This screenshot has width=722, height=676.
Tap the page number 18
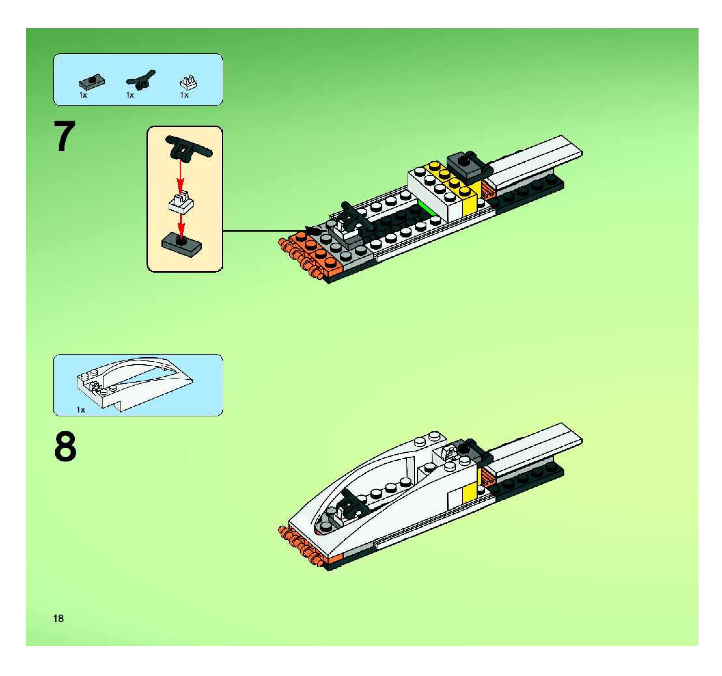(x=59, y=618)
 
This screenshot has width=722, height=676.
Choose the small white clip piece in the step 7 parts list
(x=188, y=83)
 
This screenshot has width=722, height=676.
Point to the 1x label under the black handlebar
(x=130, y=95)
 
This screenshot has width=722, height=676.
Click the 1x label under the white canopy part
(x=81, y=410)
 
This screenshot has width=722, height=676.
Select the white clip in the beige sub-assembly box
(x=181, y=201)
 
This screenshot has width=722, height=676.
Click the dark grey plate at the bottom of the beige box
(x=181, y=245)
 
